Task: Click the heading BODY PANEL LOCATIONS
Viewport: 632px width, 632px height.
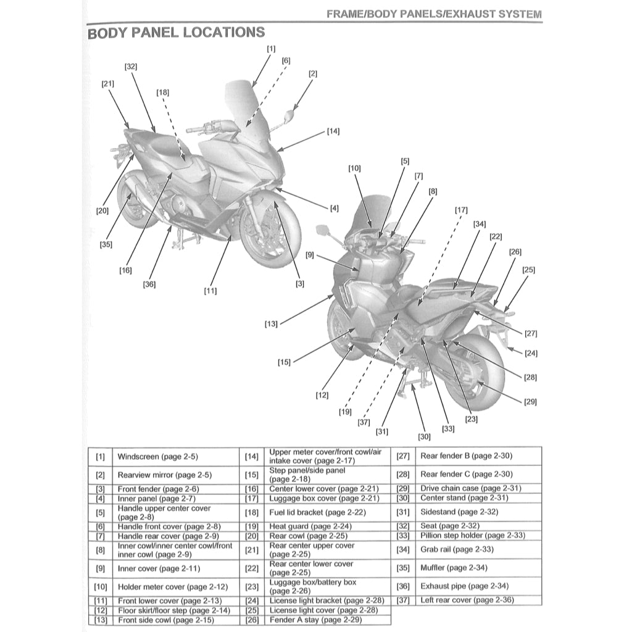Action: tap(176, 32)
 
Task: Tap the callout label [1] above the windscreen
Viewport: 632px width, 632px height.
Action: tap(272, 48)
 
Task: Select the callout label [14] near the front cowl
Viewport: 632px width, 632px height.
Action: tap(333, 131)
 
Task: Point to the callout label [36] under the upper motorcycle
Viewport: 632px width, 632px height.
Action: tap(149, 285)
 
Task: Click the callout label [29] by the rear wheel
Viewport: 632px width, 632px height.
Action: tap(530, 402)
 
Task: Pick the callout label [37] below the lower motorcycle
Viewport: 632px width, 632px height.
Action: tap(364, 422)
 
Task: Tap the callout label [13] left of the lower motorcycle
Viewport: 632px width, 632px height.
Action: tap(271, 323)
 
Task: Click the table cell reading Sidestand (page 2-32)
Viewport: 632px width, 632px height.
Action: tap(451, 512)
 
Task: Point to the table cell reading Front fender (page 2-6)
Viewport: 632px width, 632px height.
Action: tap(150, 489)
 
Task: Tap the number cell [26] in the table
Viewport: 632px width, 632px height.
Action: tap(251, 619)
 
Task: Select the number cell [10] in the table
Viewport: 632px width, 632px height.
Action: tap(100, 587)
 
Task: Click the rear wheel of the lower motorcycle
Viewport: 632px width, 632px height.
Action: tap(481, 376)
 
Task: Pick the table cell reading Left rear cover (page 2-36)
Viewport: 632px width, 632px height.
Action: tap(466, 600)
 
